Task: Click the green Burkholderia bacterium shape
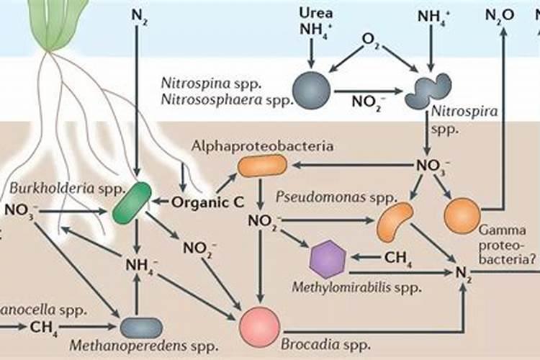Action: tap(132, 202)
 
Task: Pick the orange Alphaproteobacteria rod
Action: tap(262, 166)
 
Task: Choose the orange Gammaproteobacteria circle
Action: tap(462, 214)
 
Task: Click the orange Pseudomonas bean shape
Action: tap(395, 221)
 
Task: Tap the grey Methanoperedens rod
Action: tap(141, 328)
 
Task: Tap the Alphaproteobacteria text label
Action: tap(262, 146)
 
